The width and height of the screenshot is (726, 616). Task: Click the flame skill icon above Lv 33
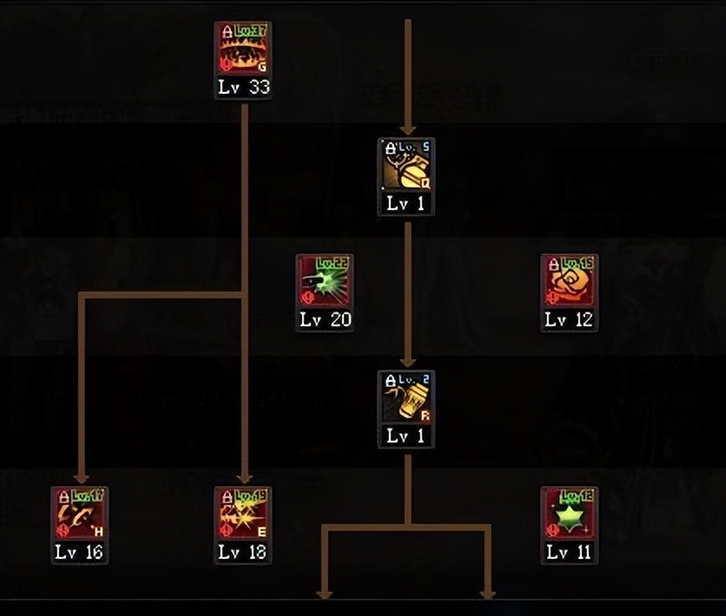(x=243, y=50)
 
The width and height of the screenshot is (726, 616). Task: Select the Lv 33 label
(x=243, y=88)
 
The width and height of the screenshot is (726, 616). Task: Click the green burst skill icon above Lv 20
(x=324, y=281)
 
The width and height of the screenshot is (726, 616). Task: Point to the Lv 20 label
(x=325, y=319)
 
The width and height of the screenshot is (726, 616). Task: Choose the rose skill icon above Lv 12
(x=570, y=281)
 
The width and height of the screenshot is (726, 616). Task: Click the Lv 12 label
(x=570, y=319)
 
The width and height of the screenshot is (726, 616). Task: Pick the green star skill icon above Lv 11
(x=570, y=514)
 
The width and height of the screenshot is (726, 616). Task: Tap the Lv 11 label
(x=570, y=552)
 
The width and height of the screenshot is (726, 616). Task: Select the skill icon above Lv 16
(x=80, y=514)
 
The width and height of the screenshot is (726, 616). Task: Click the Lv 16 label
(x=80, y=552)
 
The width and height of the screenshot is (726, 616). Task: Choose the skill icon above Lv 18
(x=243, y=514)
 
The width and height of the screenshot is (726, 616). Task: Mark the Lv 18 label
(x=243, y=552)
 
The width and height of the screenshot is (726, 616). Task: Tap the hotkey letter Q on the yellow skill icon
(x=426, y=184)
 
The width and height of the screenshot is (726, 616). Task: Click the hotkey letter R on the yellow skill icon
(x=426, y=416)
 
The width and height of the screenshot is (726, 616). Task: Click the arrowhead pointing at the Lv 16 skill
(x=82, y=477)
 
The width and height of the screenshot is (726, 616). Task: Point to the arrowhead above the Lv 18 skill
(x=245, y=477)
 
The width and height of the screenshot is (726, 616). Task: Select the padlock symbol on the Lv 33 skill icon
(x=228, y=31)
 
